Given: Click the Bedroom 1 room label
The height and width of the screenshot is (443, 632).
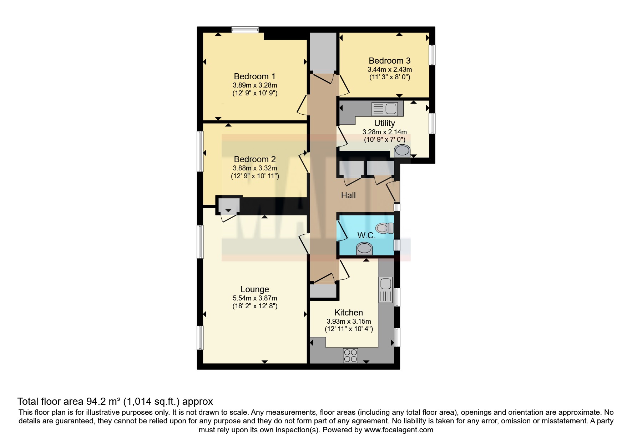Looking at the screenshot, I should pyautogui.click(x=254, y=76).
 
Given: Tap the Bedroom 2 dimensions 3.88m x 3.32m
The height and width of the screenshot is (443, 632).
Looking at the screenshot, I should pyautogui.click(x=254, y=168).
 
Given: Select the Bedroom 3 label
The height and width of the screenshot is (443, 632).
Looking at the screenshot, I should pyautogui.click(x=389, y=61).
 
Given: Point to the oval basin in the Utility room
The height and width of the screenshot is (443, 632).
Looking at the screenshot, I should pyautogui.click(x=403, y=151).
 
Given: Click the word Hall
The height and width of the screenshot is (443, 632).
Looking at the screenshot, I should pyautogui.click(x=348, y=195).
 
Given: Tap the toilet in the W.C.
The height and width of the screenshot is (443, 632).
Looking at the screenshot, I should pyautogui.click(x=384, y=228).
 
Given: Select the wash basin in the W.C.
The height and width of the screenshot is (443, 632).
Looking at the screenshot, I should pyautogui.click(x=364, y=248).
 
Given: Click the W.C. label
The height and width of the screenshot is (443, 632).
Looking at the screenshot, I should pyautogui.click(x=366, y=235).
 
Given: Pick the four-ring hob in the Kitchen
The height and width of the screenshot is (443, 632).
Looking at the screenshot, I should pyautogui.click(x=350, y=355).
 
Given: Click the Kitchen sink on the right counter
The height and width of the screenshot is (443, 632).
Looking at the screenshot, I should pyautogui.click(x=386, y=290).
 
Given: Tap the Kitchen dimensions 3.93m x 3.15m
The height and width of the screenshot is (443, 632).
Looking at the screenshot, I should pyautogui.click(x=349, y=321).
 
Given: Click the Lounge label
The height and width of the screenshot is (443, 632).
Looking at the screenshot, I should pyautogui.click(x=254, y=289).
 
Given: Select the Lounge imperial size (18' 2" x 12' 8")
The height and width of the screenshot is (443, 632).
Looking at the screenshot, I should pyautogui.click(x=254, y=306).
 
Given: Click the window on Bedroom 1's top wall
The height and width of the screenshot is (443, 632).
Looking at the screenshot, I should pyautogui.click(x=245, y=30).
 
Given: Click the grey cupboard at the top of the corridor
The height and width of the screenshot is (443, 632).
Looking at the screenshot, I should pyautogui.click(x=323, y=52).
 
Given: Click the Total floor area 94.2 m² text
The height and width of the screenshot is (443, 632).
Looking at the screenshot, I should pyautogui.click(x=115, y=401).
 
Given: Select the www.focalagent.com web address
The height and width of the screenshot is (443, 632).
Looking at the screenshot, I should pyautogui.click(x=399, y=430).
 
